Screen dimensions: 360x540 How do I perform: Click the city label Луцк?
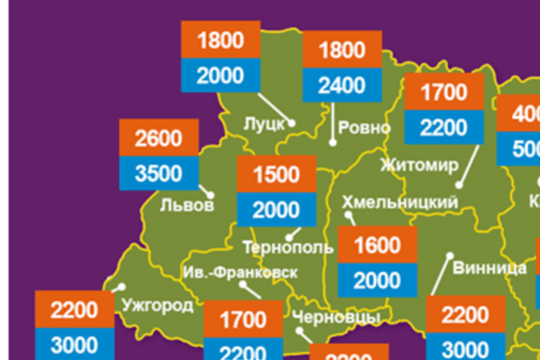pos(263,124)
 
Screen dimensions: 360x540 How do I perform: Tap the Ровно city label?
pos(363,128)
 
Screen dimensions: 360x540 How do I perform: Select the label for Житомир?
pos(419,164)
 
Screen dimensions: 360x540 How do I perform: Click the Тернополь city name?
pos(288,248)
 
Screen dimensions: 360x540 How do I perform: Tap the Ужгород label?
pos(157,306)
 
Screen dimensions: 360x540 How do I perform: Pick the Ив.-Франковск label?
pos(240,273)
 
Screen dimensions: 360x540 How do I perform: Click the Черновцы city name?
pos(335,317)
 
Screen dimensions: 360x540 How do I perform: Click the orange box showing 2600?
pos(159,138)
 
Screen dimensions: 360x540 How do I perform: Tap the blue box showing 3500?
pos(159,173)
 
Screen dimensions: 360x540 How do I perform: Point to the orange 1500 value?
pos(277,174)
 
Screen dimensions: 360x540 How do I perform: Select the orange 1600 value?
pos(377,245)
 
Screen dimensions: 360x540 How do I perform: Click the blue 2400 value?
pos(342,85)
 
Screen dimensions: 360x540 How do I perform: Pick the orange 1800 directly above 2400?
pos(342,49)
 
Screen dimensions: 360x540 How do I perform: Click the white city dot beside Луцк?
pos(291,123)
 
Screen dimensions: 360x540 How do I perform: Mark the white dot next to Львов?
pos(211,195)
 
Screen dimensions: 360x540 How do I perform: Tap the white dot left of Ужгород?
pos(121,288)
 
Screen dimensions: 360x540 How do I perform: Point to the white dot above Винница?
pos(449,255)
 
